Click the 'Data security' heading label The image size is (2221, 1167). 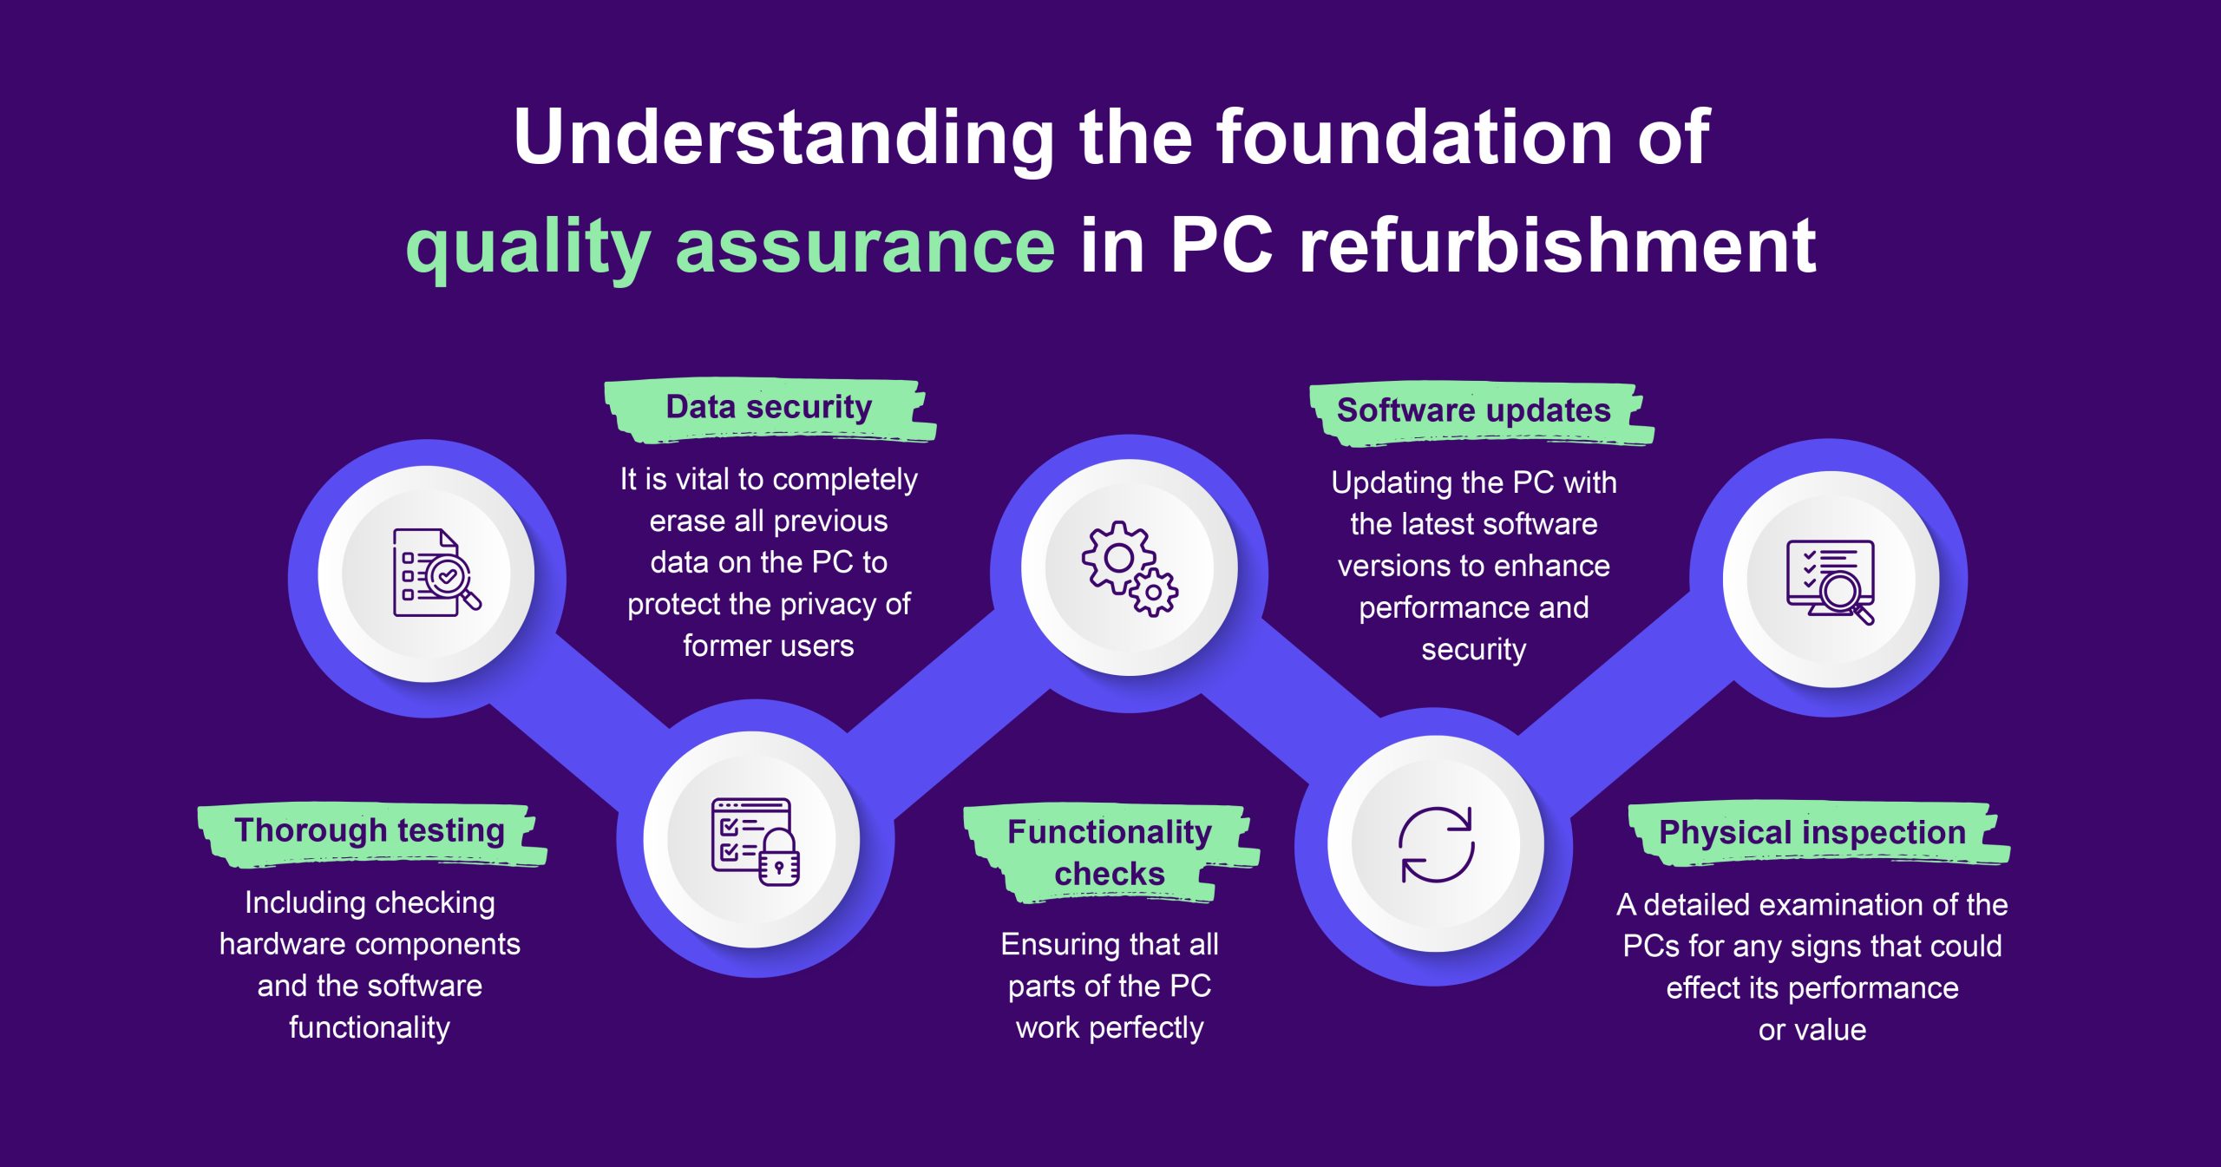(769, 407)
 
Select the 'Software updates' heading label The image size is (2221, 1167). (1473, 410)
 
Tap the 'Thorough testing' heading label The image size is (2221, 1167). (370, 830)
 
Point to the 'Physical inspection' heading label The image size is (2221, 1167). (1812, 832)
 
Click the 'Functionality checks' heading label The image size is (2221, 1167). (1110, 852)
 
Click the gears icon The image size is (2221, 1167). (1129, 568)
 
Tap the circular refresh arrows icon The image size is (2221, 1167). (1436, 844)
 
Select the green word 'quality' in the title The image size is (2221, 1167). (528, 247)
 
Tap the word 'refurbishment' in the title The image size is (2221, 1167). (1557, 247)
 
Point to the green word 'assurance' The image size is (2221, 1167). (865, 247)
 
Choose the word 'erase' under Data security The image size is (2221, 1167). (687, 521)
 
